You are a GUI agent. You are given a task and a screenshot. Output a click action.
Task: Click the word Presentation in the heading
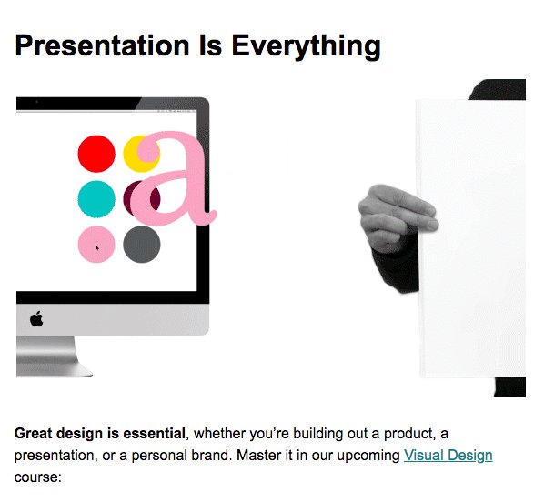tap(102, 45)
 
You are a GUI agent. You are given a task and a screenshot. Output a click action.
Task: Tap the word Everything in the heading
tap(306, 47)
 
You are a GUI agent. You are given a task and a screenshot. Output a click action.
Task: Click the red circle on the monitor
tap(96, 154)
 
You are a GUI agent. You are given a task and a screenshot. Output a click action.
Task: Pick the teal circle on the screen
tap(96, 199)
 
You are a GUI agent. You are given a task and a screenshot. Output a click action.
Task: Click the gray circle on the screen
tap(142, 245)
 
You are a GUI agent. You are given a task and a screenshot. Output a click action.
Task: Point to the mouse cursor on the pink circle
tap(97, 247)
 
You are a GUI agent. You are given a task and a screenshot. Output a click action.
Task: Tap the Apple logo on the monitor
tap(36, 319)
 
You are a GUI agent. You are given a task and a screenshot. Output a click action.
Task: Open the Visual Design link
tap(448, 456)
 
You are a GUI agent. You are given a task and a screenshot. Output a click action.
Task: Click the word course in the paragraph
tap(36, 477)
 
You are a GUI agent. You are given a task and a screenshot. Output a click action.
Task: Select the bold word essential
tap(154, 434)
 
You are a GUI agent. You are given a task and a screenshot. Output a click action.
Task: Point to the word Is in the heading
tap(210, 45)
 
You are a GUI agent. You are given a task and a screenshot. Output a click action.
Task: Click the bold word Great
tap(33, 434)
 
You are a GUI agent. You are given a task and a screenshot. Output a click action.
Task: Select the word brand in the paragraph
tap(211, 456)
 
